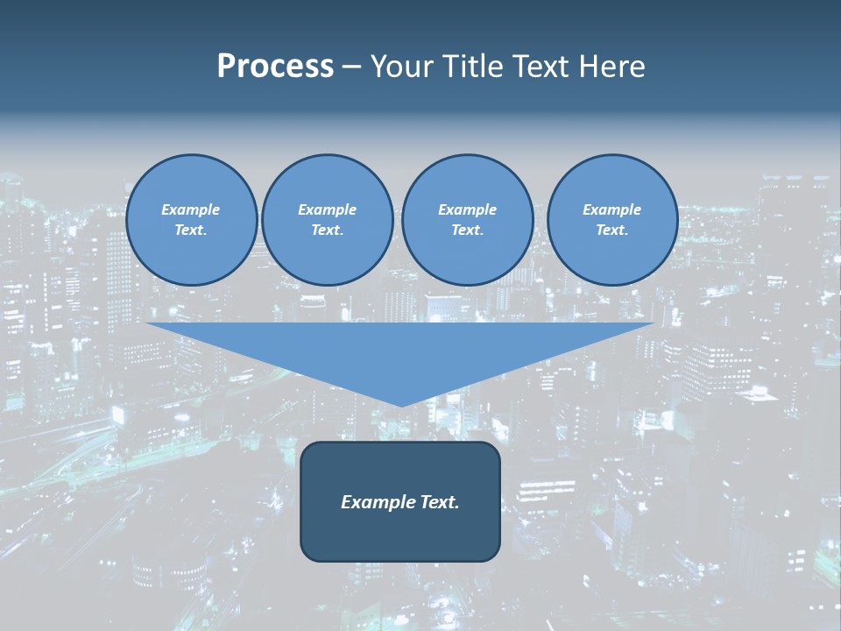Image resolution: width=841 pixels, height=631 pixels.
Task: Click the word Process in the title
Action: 275,67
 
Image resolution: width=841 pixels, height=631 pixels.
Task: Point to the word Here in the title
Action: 611,67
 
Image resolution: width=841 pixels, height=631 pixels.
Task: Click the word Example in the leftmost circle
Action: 191,209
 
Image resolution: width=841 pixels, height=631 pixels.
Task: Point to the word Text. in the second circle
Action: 328,230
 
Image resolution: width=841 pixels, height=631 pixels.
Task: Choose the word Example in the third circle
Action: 468,209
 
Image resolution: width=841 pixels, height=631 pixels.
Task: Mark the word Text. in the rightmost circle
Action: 612,230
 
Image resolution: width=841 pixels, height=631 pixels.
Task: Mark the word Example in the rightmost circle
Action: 612,209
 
